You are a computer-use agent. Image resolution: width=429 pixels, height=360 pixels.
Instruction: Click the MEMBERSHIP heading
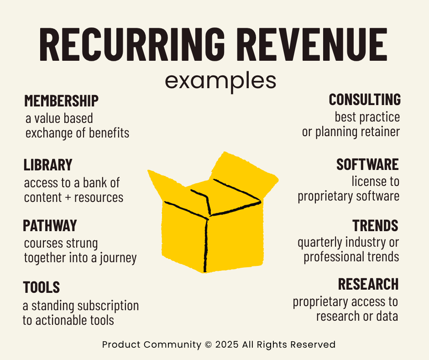click(61, 101)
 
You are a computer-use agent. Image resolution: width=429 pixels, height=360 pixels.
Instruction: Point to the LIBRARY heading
click(48, 164)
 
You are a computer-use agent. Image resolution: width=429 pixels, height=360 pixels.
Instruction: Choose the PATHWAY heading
click(50, 226)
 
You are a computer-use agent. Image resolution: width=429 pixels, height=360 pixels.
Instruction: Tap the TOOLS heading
click(42, 287)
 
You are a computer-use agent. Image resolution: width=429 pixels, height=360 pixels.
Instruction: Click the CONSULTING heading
click(365, 100)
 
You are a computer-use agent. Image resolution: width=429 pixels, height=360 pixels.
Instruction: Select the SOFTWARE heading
click(367, 164)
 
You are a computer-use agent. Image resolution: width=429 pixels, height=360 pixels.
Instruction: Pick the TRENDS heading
click(375, 226)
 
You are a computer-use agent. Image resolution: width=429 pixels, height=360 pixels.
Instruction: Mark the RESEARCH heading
click(368, 284)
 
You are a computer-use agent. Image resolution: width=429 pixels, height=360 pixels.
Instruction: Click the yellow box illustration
click(213, 215)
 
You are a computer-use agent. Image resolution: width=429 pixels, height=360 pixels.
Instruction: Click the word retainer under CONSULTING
click(380, 132)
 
